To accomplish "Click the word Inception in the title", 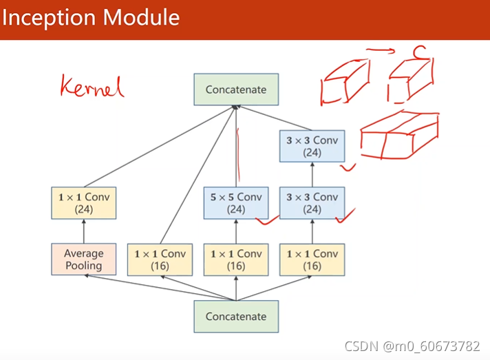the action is click(48, 18).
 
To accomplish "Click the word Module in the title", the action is click(141, 17).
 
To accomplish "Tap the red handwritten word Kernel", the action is click(92, 86).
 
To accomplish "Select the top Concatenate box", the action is click(236, 89).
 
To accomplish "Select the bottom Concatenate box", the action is click(236, 316).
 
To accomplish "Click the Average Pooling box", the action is click(84, 259).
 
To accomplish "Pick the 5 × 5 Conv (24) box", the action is click(236, 203).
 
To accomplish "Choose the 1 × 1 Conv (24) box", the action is click(84, 203).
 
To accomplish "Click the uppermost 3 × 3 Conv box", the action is click(312, 146).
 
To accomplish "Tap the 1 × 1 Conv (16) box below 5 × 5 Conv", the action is click(236, 260).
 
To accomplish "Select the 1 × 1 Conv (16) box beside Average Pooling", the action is click(160, 260).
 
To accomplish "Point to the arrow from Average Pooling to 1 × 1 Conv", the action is click(84, 231).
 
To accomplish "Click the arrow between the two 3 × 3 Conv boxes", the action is click(312, 175).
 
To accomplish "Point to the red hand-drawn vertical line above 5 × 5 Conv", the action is click(238, 155).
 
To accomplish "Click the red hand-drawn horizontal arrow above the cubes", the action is click(381, 51).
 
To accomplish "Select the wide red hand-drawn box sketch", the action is click(400, 135).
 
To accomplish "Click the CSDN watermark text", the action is click(412, 346).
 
